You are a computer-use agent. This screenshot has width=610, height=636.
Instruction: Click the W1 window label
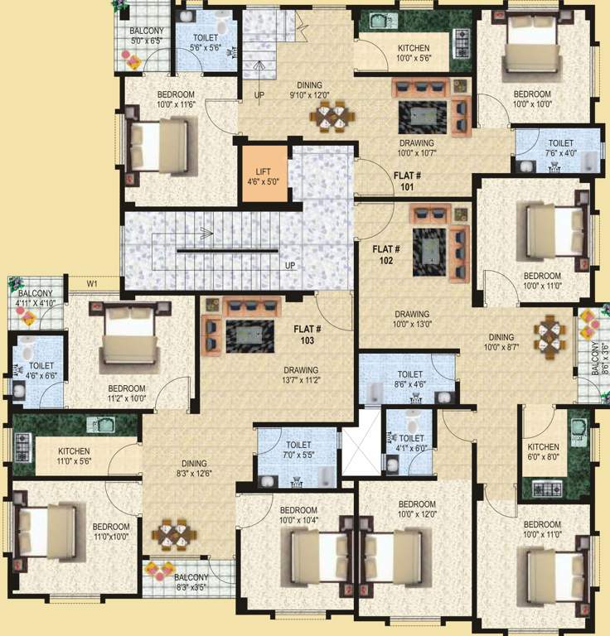point(93,284)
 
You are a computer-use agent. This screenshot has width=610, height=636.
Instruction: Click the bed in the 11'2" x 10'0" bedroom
point(128,340)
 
